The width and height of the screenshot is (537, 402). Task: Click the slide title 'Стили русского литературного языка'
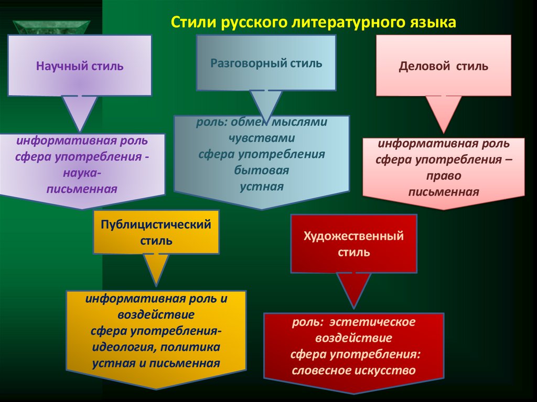315,23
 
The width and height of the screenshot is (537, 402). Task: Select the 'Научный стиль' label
80,67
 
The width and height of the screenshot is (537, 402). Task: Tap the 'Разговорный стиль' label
266,63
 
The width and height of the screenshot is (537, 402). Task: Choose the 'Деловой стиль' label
444,67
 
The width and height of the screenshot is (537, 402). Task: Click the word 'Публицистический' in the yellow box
156,225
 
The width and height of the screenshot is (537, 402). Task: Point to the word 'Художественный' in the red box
354,236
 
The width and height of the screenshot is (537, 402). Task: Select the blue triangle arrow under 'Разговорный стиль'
266,105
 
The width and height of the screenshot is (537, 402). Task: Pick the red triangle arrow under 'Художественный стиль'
353,288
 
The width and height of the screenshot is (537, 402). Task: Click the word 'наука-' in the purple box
82,172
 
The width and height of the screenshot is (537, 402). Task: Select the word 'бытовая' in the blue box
262,170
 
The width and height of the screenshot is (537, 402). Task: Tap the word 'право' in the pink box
444,176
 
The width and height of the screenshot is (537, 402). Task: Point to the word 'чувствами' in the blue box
262,138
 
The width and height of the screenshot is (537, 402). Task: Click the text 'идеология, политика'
156,347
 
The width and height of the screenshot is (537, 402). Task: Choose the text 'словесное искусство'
353,371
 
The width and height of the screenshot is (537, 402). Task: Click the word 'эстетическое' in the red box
381,322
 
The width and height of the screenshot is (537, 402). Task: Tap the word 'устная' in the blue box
262,187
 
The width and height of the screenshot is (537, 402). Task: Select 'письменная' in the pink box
444,192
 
